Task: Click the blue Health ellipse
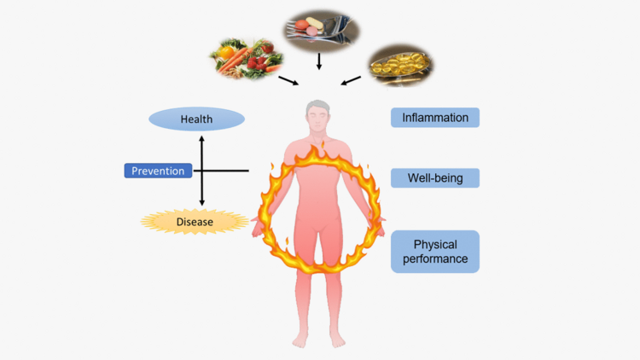tap(196, 119)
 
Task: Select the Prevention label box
tap(157, 171)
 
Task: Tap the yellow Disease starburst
tap(195, 223)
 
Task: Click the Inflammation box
tap(435, 117)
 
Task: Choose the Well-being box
tap(435, 177)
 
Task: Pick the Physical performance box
tap(435, 251)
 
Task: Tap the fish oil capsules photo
tap(400, 63)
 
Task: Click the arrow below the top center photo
tap(318, 61)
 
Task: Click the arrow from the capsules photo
tap(351, 81)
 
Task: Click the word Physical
tap(435, 244)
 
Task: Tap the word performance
tap(435, 258)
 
